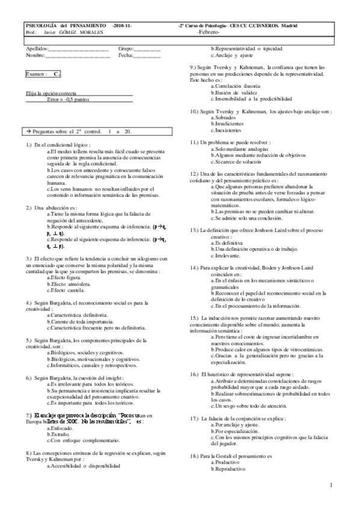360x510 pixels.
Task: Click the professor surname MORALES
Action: click(89, 32)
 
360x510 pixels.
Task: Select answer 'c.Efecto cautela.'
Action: click(67, 290)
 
